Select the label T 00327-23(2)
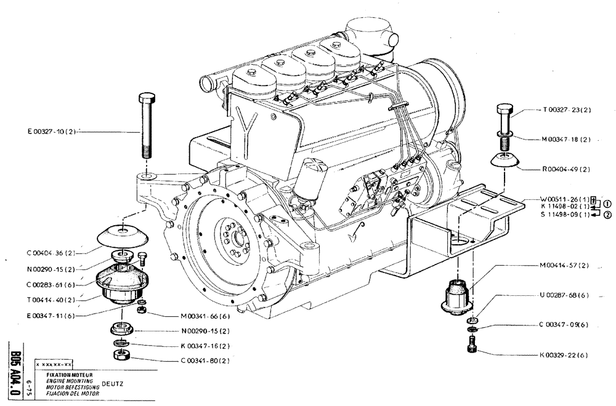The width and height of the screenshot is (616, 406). [567, 111]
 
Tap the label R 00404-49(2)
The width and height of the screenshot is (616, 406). [566, 169]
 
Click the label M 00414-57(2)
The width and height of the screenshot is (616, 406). [564, 266]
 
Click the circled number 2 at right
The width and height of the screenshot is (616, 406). [607, 215]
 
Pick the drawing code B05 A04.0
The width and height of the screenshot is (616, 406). [16, 369]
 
